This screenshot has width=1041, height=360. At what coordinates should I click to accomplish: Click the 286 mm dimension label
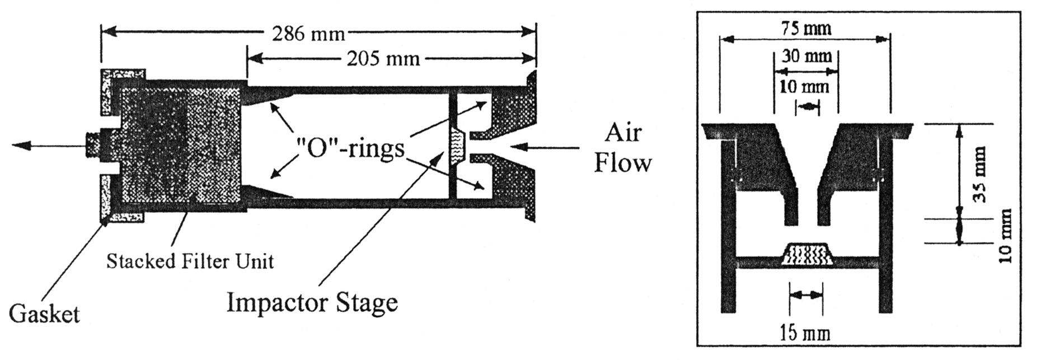[x=308, y=34]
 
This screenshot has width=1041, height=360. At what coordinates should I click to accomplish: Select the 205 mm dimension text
[x=383, y=58]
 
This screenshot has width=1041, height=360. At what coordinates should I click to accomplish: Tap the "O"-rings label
[x=350, y=149]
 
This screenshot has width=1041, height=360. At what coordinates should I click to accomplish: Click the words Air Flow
[x=622, y=148]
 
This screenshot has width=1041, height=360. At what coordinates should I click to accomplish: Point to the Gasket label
[x=45, y=314]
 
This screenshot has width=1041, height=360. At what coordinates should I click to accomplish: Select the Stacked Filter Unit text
[x=190, y=261]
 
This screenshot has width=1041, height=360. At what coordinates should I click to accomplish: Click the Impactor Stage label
[x=312, y=303]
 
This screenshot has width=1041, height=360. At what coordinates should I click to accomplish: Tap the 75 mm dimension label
[x=805, y=29]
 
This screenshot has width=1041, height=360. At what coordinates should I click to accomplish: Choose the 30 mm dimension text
[x=806, y=57]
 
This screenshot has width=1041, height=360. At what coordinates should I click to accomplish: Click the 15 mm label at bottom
[x=805, y=334]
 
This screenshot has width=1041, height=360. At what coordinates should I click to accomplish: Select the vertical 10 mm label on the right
[x=1006, y=235]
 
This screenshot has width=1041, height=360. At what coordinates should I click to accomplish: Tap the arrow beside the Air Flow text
[x=546, y=148]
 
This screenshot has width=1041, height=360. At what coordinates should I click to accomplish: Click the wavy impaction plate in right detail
[x=806, y=254]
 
